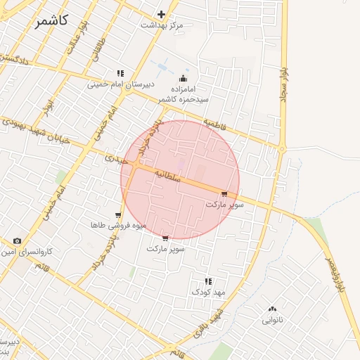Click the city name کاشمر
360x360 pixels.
tap(51, 20)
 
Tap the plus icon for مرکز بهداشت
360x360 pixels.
tap(162, 14)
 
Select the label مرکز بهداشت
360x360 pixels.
tap(161, 25)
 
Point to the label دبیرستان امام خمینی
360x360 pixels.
tap(120, 84)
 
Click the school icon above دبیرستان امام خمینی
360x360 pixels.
tap(120, 73)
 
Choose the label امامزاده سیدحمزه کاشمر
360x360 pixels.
tap(184, 95)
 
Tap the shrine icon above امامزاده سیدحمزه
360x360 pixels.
tap(184, 78)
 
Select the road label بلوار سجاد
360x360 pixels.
tap(284, 84)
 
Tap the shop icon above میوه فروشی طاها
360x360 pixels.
tap(118, 215)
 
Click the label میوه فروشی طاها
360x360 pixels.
tap(117, 226)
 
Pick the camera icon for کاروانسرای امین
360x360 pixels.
tap(17, 240)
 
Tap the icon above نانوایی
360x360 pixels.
tap(272, 309)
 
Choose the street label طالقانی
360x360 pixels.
tap(92, 49)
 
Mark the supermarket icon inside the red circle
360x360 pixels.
tap(224, 194)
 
